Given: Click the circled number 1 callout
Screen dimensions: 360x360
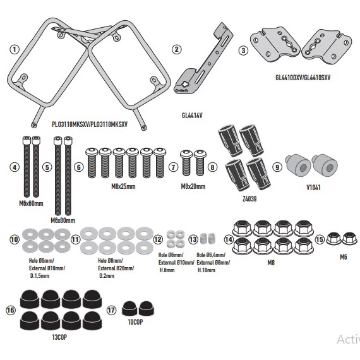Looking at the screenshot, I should pos(14,49).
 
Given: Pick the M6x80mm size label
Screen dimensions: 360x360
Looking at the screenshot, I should pos(62,220).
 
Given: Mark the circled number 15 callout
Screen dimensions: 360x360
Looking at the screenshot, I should pos(320,239).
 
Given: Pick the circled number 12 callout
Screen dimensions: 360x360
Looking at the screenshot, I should pos(158,239).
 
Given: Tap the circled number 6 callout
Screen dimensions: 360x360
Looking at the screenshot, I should pos(78,167).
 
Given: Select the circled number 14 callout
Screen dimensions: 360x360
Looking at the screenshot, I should pos(229,239).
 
